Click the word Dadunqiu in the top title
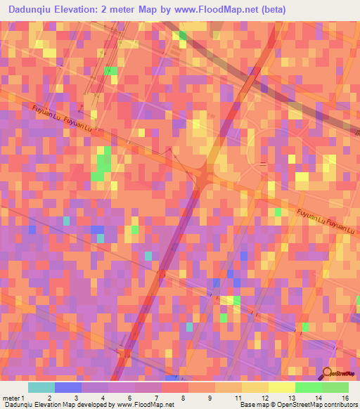[x=32, y=11]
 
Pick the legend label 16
[x=345, y=398]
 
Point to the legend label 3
[x=75, y=398]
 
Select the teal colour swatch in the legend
[x=41, y=387]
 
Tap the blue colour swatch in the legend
[x=67, y=387]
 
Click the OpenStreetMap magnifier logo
[x=327, y=373]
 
